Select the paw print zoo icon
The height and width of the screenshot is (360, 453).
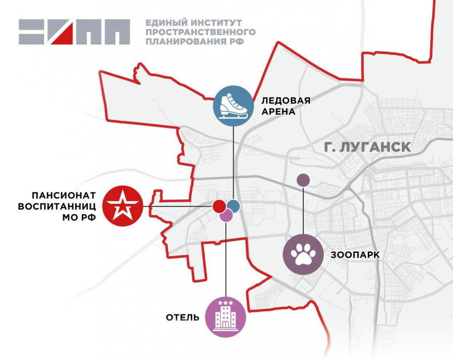(303, 254)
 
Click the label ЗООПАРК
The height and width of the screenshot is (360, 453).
(355, 255)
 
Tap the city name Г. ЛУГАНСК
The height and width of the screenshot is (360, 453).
(367, 147)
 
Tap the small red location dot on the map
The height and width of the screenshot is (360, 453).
(219, 206)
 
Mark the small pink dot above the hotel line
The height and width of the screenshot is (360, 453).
(226, 215)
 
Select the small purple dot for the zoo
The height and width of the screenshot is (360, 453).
(303, 180)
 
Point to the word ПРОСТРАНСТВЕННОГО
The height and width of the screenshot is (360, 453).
(200, 33)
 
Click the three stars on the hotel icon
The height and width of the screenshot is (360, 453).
(225, 303)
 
